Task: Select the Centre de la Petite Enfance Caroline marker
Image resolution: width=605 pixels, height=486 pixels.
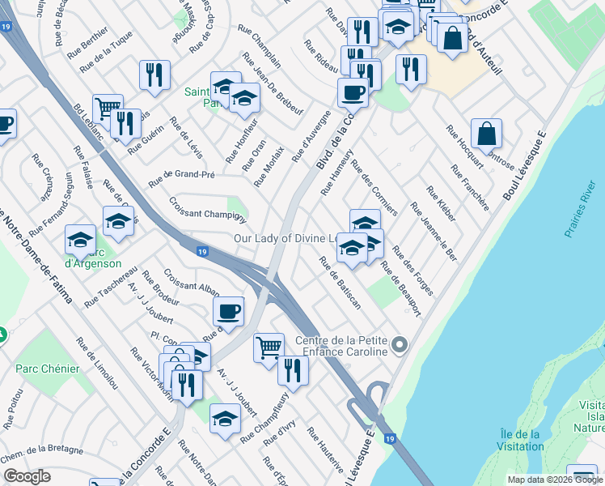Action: (x=398, y=346)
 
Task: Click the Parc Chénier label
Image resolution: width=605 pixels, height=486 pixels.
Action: (x=48, y=369)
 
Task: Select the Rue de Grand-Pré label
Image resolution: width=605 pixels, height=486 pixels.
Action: (x=177, y=178)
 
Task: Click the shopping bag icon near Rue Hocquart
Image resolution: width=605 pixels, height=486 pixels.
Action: (x=486, y=135)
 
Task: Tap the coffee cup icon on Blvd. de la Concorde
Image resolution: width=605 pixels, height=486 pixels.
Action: (x=353, y=93)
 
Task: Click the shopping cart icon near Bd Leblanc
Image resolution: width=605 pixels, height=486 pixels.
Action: (x=107, y=109)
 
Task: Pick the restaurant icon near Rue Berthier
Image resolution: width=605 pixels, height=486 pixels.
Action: (x=152, y=75)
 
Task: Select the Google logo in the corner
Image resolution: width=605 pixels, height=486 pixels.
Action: (x=27, y=476)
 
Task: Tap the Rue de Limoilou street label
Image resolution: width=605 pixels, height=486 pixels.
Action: (x=100, y=369)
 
